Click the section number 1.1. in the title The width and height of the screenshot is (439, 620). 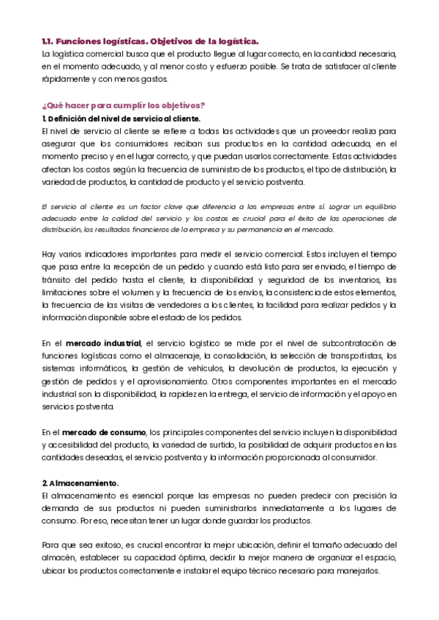click(48, 42)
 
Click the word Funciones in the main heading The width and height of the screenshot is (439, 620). click(81, 42)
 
